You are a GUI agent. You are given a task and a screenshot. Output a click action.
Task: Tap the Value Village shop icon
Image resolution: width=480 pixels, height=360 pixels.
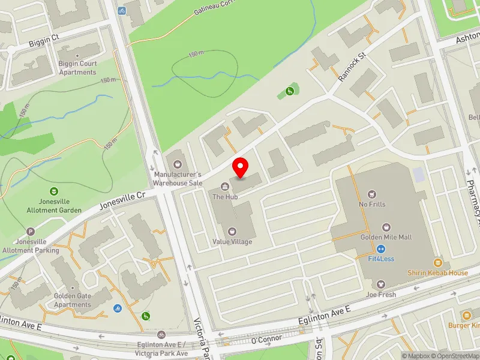[x=232, y=231]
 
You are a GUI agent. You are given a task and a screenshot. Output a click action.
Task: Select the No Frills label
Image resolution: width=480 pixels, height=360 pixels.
[x=372, y=204]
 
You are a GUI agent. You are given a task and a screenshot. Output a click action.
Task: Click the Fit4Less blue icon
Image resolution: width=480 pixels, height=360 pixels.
[x=380, y=249]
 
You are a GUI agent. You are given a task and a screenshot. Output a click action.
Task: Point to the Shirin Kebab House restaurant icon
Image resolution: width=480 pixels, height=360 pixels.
[x=438, y=263]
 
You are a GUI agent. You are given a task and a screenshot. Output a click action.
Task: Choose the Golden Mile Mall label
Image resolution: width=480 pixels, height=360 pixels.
[x=386, y=237]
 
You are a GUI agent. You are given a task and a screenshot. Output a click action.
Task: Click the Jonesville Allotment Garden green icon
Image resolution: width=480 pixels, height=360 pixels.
[x=54, y=192]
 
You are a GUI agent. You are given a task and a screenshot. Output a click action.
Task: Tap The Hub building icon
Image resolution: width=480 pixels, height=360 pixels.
[x=226, y=186]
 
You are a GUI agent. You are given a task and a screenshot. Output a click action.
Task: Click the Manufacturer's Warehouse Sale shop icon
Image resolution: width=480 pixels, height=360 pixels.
[x=177, y=163]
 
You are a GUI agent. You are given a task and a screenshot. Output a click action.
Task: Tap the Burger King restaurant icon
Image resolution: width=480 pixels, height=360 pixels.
[x=467, y=315]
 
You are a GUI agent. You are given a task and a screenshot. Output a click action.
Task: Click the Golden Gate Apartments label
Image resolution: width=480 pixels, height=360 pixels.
[x=73, y=301]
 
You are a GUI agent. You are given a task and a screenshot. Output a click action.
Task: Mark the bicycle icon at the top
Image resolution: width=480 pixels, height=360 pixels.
[x=122, y=10]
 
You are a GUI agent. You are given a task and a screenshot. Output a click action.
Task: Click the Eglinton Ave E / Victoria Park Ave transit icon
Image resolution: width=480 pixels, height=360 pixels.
[x=161, y=334]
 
